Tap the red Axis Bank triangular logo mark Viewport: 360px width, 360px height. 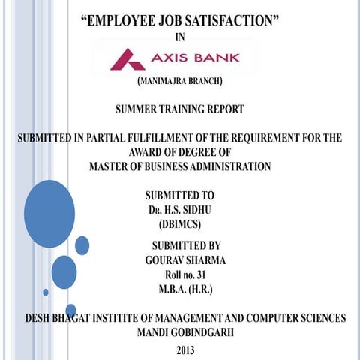pos(128,58)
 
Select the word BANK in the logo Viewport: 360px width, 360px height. pos(217,56)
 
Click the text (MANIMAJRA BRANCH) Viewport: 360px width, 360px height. pos(179,80)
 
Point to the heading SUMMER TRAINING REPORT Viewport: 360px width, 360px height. pos(179,109)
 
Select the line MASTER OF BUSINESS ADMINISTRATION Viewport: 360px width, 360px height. pos(179,166)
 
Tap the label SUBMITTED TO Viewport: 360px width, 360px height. pos(180,195)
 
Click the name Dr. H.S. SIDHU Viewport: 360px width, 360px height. pos(180,209)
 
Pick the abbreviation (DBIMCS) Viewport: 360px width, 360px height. pos(180,223)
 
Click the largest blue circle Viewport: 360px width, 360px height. pos(49,214)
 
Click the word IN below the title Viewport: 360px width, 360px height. pos(178,37)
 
